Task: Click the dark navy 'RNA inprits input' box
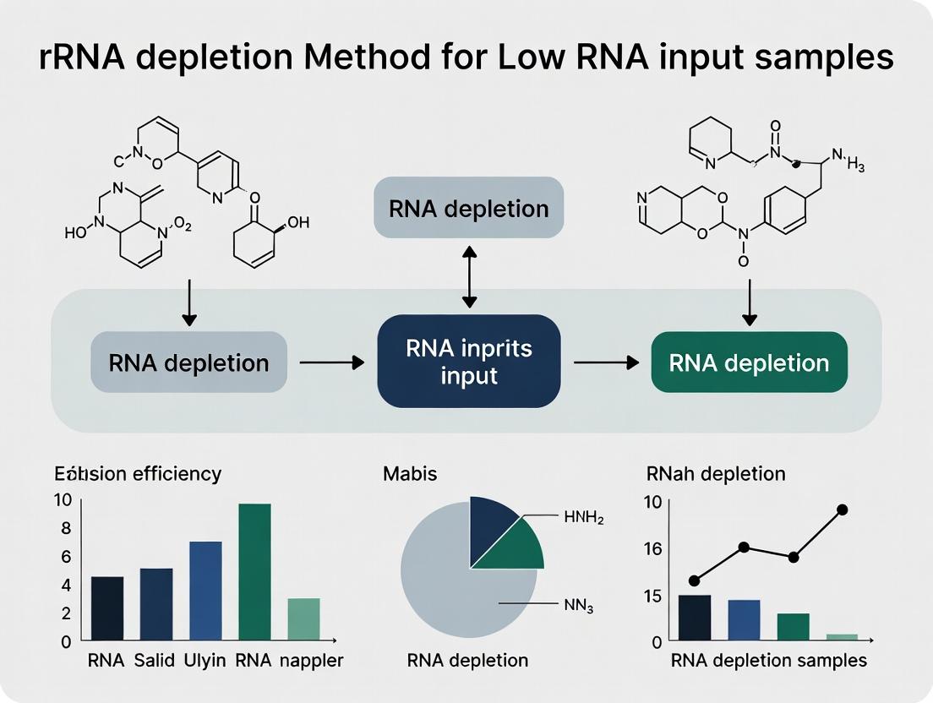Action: [x=469, y=362]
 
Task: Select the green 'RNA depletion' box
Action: [x=749, y=362]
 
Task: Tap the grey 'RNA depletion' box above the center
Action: [x=469, y=208]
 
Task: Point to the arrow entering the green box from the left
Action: [x=606, y=362]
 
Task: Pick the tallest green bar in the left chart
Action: [x=254, y=571]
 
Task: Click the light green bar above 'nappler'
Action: [x=303, y=619]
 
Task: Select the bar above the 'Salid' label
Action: [x=155, y=603]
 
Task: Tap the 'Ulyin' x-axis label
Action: [x=205, y=661]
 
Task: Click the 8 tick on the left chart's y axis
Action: [x=65, y=528]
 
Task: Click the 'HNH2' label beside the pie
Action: [x=583, y=518]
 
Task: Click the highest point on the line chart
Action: [x=842, y=510]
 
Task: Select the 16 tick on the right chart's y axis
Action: [x=652, y=548]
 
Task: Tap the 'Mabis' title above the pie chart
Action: [x=410, y=473]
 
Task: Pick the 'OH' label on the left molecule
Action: [x=298, y=223]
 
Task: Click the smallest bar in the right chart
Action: [x=842, y=636]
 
